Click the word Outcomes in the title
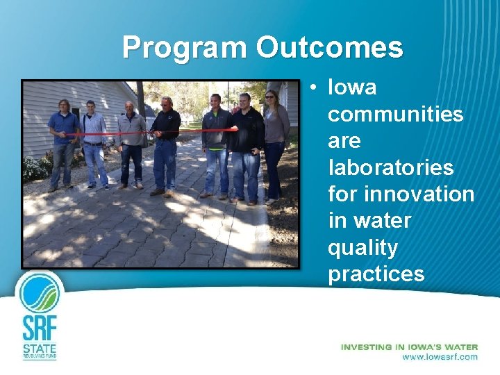tap(329, 48)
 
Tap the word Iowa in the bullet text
tap(352, 87)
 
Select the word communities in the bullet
tap(395, 114)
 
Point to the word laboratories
tap(390, 167)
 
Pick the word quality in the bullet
tap(362, 248)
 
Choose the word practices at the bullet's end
tap(376, 274)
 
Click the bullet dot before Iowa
tap(315, 88)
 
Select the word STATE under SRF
tap(40, 347)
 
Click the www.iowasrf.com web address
tap(440, 357)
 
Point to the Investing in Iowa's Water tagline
tap(409, 347)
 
